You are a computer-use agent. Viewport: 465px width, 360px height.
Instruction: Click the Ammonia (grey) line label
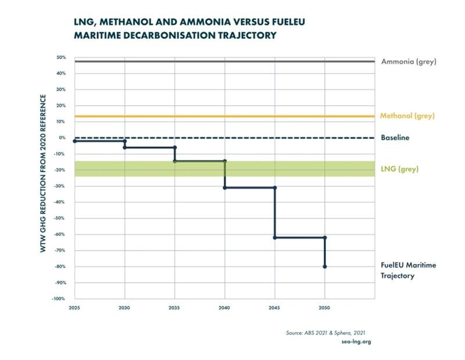tap(408, 62)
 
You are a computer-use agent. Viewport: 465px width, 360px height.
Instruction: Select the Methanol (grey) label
tap(407, 116)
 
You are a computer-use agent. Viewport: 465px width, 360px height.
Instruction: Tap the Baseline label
tap(395, 138)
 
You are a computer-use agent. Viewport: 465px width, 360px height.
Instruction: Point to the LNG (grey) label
tap(400, 169)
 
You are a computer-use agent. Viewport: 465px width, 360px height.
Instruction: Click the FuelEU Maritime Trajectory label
tap(408, 270)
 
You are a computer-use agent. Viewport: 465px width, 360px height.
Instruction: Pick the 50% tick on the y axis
tap(62, 58)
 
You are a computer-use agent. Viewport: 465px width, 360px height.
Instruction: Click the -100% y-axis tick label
tap(60, 299)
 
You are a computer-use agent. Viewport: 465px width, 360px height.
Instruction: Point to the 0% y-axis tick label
tap(63, 138)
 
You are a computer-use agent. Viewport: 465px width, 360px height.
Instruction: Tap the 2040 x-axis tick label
tap(225, 308)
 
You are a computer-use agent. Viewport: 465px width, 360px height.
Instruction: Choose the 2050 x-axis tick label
tap(325, 308)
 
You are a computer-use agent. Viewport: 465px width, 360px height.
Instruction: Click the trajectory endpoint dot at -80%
tap(325, 266)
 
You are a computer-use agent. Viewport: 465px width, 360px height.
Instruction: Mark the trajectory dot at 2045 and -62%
tap(275, 237)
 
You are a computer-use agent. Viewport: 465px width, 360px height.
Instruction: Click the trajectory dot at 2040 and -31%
tap(225, 187)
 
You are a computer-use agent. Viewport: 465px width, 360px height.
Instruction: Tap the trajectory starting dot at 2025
tap(75, 141)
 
